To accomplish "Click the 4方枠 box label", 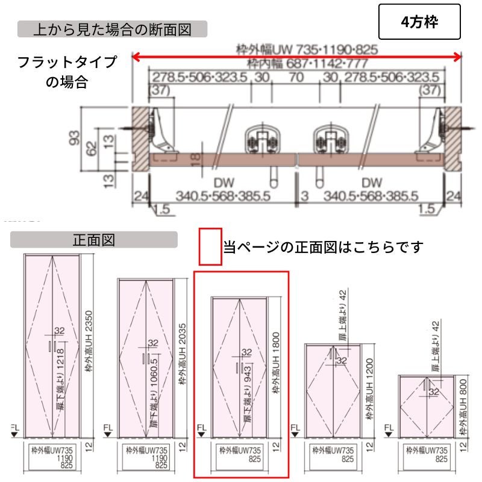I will coord(420,22).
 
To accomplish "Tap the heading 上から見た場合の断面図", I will coord(113,28).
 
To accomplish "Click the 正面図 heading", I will coord(93,240).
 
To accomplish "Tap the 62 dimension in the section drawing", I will coord(90,147).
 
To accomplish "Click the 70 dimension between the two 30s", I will coord(295,77).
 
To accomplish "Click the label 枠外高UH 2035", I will coord(183,355).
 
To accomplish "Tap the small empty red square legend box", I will coord(211,246).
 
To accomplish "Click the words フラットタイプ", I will coord(67,63).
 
